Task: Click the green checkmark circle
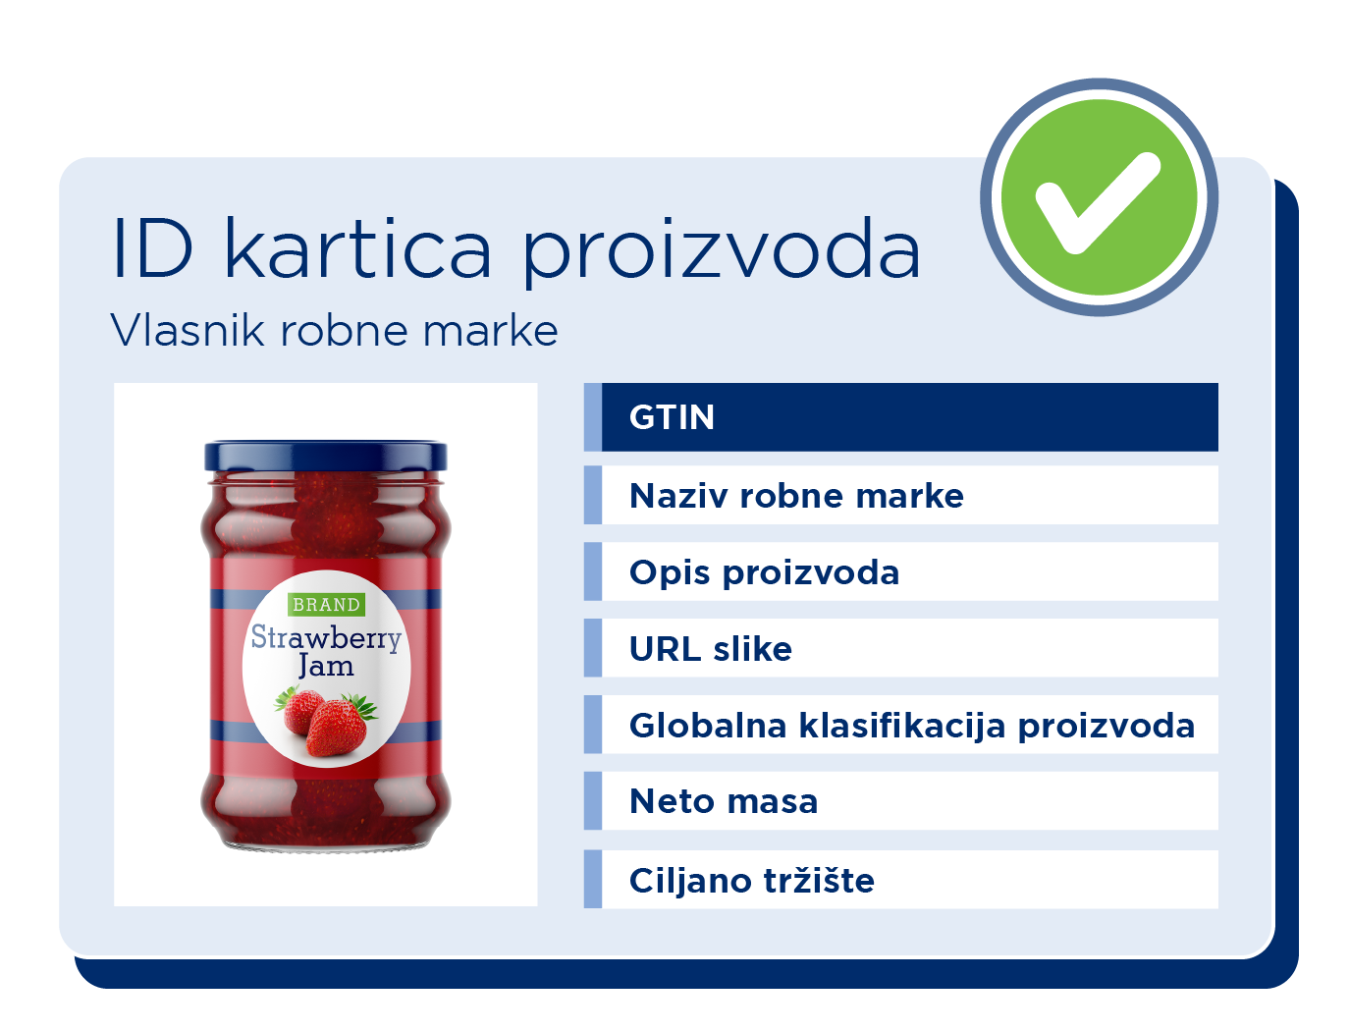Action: (1099, 196)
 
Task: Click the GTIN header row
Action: (900, 417)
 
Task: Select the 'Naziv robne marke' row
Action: (900, 495)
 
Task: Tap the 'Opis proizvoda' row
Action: (900, 571)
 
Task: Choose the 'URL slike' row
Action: (900, 648)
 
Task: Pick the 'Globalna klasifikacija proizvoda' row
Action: (900, 725)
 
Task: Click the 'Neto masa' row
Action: (900, 800)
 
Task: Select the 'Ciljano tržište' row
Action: (900, 879)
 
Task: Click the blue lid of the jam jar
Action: (326, 456)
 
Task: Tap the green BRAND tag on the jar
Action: (326, 605)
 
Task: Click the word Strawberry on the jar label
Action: (326, 637)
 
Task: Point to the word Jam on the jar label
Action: (326, 666)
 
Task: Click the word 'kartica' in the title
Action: (358, 248)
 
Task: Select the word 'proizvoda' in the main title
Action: (721, 252)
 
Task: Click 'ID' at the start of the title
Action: (153, 248)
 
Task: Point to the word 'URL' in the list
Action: (665, 649)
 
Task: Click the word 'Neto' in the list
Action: (673, 801)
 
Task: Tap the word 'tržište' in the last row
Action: (819, 880)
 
